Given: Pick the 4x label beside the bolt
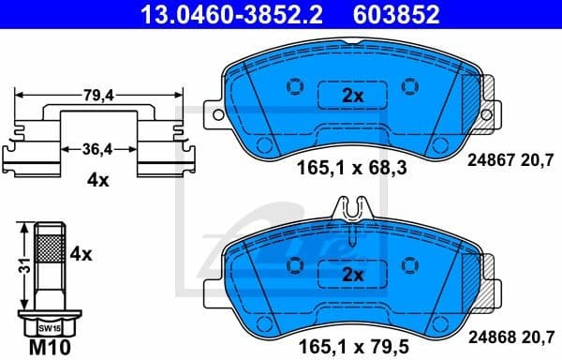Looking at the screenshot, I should tap(82, 253).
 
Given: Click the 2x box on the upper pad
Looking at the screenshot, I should tap(352, 95).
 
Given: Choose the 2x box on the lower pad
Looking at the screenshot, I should tap(352, 275).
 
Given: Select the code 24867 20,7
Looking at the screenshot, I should tap(511, 160).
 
